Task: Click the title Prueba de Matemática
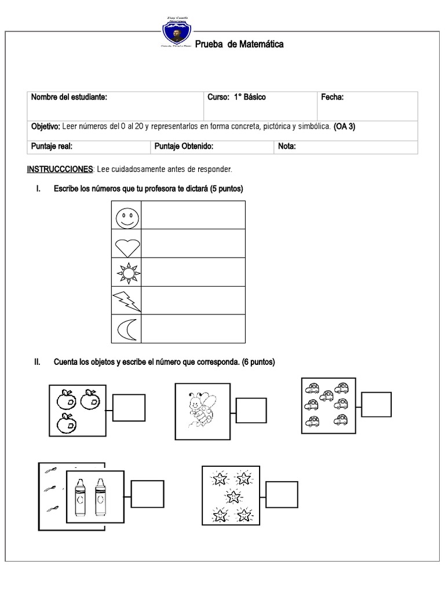[239, 45]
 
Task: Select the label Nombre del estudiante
[69, 97]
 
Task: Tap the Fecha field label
[332, 97]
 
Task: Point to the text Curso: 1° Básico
[236, 97]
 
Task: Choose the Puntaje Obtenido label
[184, 147]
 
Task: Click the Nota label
[287, 147]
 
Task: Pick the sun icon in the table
[126, 272]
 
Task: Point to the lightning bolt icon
[126, 301]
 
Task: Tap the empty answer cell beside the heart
[194, 244]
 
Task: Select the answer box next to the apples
[129, 407]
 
